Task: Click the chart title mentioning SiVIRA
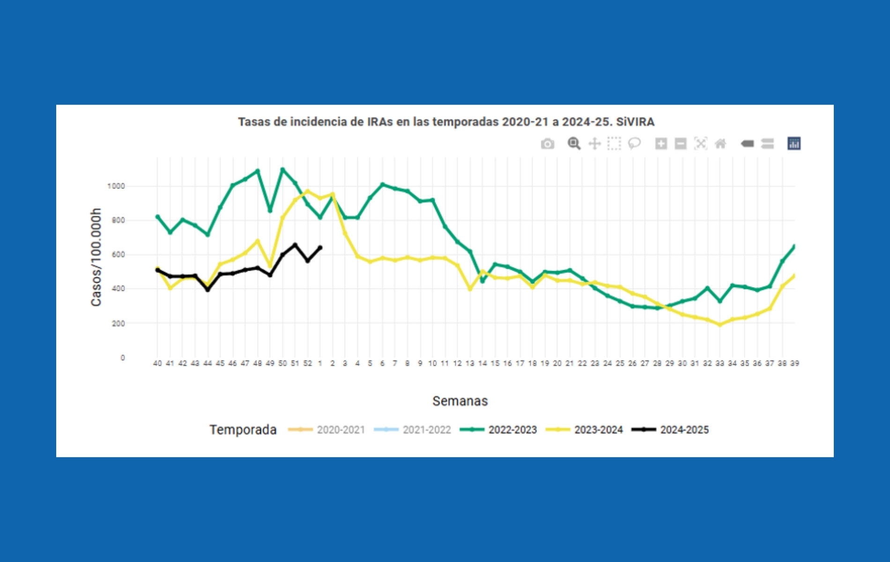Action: (x=446, y=122)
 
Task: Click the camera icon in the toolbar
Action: (x=547, y=144)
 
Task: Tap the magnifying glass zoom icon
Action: (x=574, y=143)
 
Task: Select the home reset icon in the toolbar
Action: (x=720, y=144)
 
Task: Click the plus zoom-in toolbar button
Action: (x=661, y=144)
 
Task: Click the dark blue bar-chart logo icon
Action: (x=794, y=143)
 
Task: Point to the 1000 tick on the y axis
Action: (x=116, y=186)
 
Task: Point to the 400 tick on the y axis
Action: (x=118, y=289)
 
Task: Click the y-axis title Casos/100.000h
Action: (x=96, y=257)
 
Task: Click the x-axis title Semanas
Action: (x=460, y=401)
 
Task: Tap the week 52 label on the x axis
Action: (x=307, y=363)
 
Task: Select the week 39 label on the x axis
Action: (x=794, y=363)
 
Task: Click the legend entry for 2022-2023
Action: (x=512, y=430)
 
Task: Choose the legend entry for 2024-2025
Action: (x=684, y=430)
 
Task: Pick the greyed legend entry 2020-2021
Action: (x=341, y=430)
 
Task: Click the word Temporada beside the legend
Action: (x=243, y=430)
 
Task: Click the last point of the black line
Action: (x=320, y=247)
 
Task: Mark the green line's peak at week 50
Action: (x=282, y=169)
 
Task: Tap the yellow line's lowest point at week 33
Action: (x=720, y=325)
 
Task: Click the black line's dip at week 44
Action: (x=208, y=290)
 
